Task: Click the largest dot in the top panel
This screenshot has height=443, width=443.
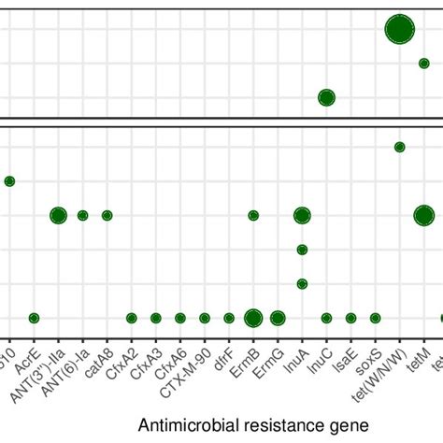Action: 399,30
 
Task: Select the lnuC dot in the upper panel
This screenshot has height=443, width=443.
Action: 326,97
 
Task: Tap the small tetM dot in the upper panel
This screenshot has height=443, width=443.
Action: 423,64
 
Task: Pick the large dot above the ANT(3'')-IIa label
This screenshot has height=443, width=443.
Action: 58,216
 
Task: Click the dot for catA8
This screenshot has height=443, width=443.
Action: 107,216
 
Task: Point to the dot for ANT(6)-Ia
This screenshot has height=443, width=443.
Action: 82,216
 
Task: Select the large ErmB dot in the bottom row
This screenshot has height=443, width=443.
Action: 253,318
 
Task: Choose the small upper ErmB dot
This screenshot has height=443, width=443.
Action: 253,216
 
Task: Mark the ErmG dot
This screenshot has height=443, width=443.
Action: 278,318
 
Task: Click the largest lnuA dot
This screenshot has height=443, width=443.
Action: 302,216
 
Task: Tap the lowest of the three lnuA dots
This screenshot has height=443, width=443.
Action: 302,283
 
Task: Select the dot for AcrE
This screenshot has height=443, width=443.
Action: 34,318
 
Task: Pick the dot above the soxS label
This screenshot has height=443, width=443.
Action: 375,318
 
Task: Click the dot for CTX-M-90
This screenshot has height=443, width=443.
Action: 205,318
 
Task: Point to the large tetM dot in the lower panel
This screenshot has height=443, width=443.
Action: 423,216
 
